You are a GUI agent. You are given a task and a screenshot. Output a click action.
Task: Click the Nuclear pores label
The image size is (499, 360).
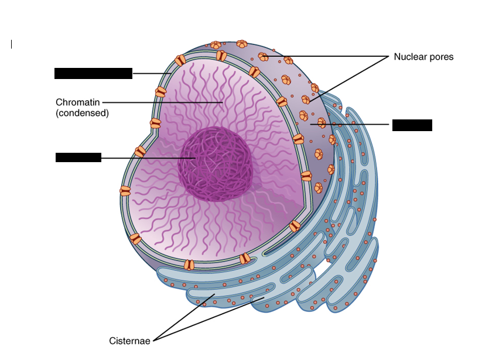[x=423, y=57]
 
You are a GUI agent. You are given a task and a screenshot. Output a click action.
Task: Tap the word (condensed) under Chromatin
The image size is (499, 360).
[x=82, y=113]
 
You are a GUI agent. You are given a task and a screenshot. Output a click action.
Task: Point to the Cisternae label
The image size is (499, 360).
[x=130, y=340]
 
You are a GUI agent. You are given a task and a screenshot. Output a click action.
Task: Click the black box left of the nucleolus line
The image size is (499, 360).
[x=78, y=157]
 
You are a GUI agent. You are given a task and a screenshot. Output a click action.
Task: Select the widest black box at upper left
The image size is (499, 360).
[x=93, y=73]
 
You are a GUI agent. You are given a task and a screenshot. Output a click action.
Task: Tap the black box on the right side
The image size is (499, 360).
[x=412, y=125]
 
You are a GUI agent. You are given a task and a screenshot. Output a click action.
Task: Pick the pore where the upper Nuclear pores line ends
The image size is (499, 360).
[x=264, y=57]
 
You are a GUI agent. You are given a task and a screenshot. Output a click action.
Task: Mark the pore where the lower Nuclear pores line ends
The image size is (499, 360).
[x=306, y=100]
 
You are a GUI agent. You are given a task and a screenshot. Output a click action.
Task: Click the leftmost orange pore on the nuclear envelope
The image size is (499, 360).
[x=125, y=191]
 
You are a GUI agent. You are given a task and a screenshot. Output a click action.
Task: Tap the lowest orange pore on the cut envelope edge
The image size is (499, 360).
[x=189, y=265]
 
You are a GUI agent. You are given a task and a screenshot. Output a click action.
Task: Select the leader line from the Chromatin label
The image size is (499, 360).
[x=158, y=102]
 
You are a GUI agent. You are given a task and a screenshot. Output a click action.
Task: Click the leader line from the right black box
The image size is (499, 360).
[x=351, y=124]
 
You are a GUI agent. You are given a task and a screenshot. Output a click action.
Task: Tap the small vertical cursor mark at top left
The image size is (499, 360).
[x=11, y=44]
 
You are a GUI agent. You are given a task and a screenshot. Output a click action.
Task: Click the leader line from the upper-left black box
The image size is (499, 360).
[x=151, y=73]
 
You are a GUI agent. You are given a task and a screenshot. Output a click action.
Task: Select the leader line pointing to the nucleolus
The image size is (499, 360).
[x=146, y=158]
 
